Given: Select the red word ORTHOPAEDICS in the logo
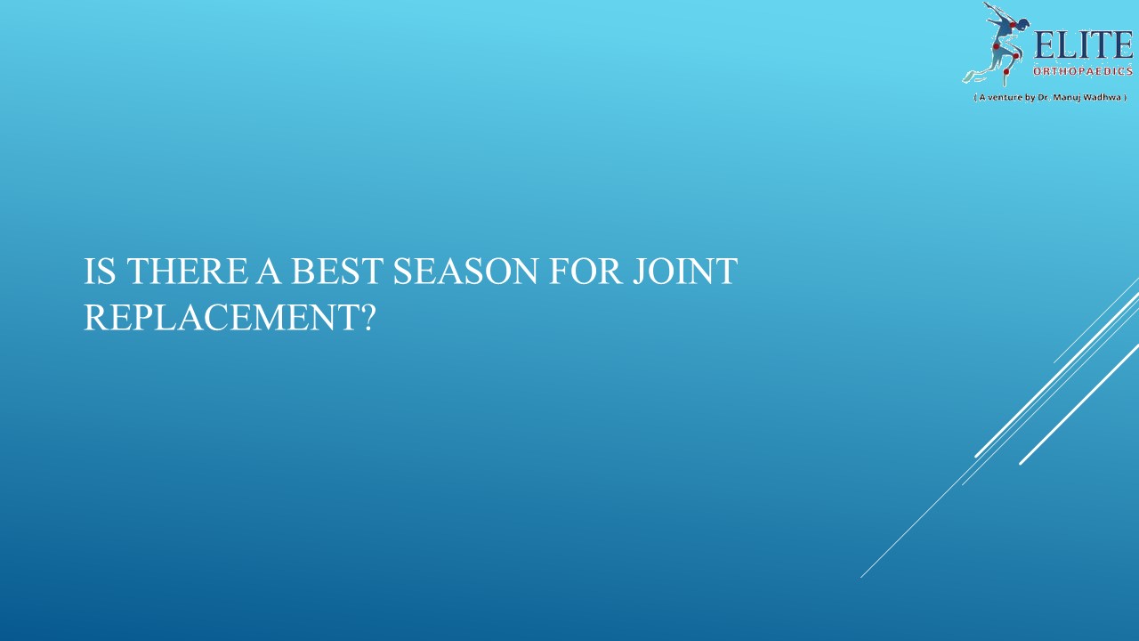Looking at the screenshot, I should pos(1082,71).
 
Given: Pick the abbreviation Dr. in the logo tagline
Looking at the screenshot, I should pos(1043,96).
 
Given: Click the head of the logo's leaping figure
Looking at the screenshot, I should pos(1024,24).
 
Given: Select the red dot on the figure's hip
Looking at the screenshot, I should pos(997,47).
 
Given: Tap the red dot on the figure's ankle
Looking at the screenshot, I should pos(1006,72).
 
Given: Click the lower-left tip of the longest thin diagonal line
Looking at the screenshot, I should pos(861,577).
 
